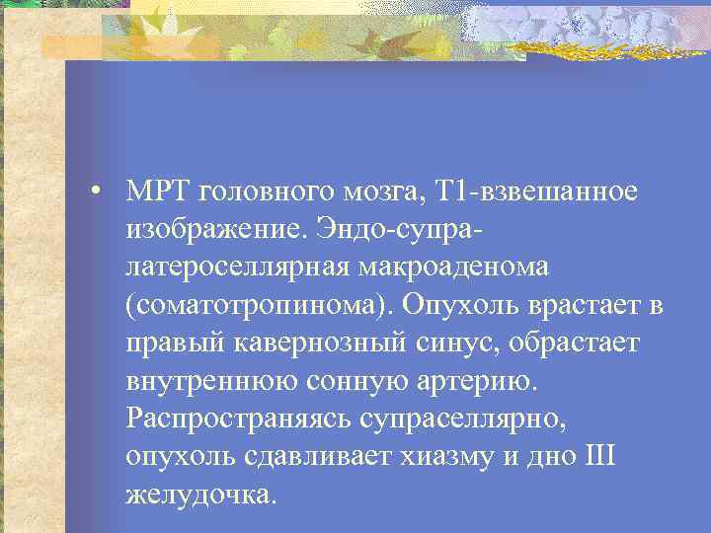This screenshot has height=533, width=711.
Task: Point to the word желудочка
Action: click(x=196, y=494)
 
